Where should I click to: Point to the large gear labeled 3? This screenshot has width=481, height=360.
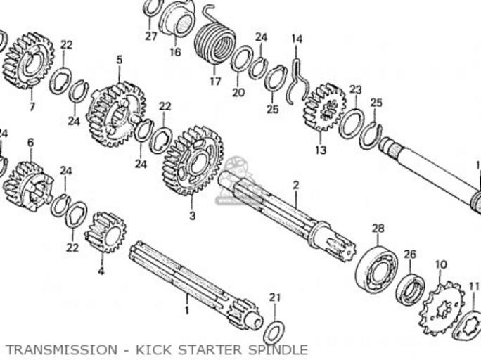[x=192, y=161]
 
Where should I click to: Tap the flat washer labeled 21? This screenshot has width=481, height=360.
[x=274, y=328]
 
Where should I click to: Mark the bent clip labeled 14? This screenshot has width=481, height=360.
[x=297, y=75]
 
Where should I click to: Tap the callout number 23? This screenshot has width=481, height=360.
[x=356, y=89]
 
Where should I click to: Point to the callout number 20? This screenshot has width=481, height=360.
[x=238, y=92]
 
